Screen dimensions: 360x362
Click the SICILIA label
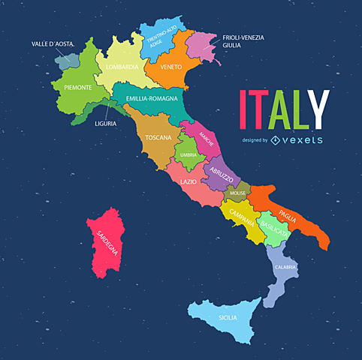[x=228, y=317]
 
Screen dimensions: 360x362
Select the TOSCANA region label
[x=158, y=138]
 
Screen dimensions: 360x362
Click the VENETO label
[x=171, y=66]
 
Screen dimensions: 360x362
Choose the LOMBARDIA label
[x=122, y=67]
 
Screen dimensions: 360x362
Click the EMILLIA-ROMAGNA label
[x=152, y=98]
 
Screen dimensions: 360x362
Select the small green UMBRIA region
[x=188, y=154]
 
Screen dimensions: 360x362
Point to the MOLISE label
[x=238, y=193]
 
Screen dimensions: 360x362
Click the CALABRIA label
[x=285, y=267]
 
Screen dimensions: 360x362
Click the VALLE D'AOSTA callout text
[x=53, y=44]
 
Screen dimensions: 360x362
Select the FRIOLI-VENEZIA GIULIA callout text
[x=243, y=40]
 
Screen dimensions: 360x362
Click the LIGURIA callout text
[x=105, y=123]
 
